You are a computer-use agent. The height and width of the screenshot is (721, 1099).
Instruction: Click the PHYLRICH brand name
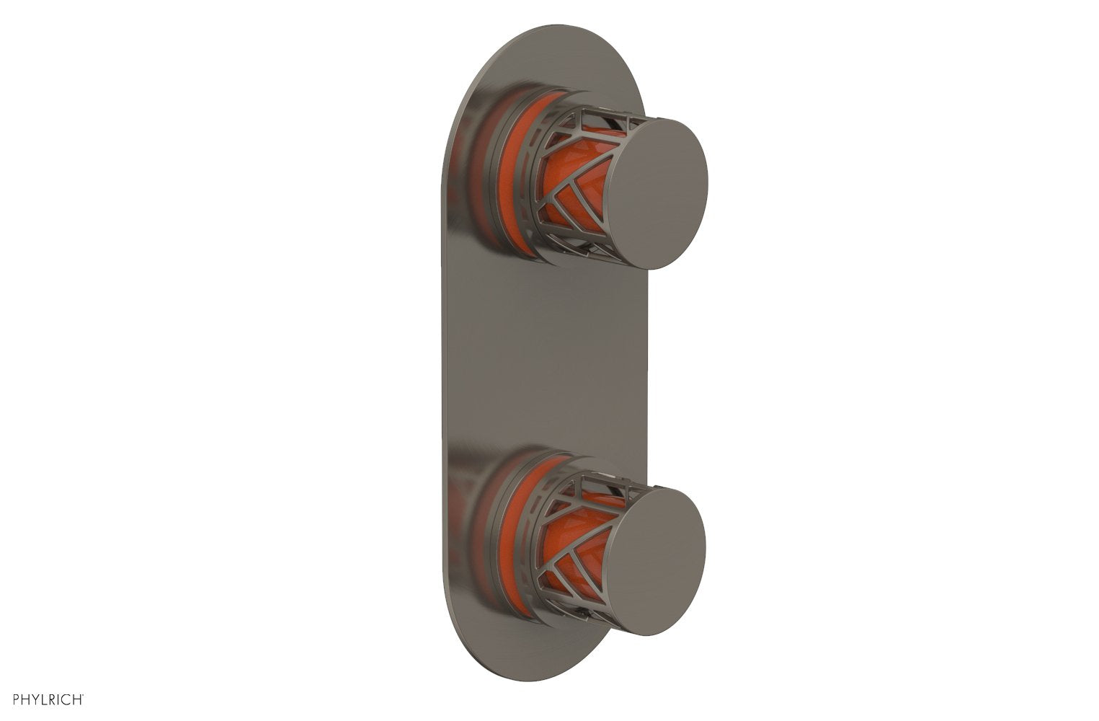pyautogui.click(x=48, y=699)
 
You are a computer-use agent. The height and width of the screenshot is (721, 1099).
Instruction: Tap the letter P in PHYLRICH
pyautogui.click(x=17, y=699)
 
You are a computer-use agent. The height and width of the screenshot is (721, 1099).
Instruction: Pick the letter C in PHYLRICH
pyautogui.click(x=67, y=699)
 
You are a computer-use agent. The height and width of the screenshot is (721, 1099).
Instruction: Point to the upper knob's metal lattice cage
pyautogui.click(x=577, y=180)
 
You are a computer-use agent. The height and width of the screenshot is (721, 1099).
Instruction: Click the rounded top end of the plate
pyautogui.click(x=548, y=50)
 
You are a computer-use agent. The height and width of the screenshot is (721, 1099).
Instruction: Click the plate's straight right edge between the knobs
pyautogui.click(x=647, y=360)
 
